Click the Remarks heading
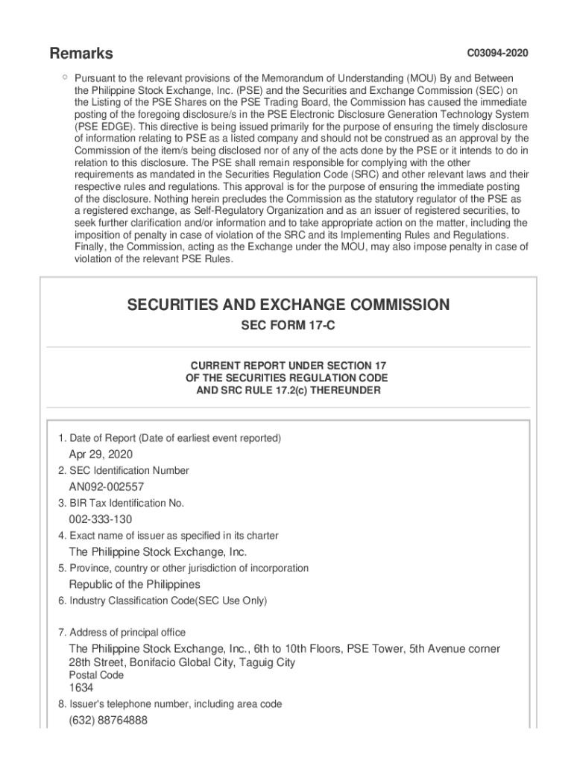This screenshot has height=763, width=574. click(x=81, y=54)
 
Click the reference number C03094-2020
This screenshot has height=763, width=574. click(x=497, y=54)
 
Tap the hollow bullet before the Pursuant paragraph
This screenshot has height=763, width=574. click(x=66, y=77)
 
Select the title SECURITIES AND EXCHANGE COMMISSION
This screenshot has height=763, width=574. click(x=288, y=305)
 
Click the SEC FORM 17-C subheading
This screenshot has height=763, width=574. click(x=288, y=326)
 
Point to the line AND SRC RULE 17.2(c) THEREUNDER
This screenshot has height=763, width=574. click(x=288, y=390)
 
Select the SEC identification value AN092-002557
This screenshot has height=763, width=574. click(x=107, y=487)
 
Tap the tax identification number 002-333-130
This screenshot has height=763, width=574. click(x=101, y=519)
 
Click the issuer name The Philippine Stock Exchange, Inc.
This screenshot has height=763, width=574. click(x=157, y=552)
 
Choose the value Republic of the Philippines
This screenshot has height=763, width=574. click(x=134, y=584)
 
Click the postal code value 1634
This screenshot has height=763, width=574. click(x=81, y=688)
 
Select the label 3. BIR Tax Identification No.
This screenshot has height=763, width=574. click(x=121, y=503)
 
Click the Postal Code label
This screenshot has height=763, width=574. click(x=96, y=675)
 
